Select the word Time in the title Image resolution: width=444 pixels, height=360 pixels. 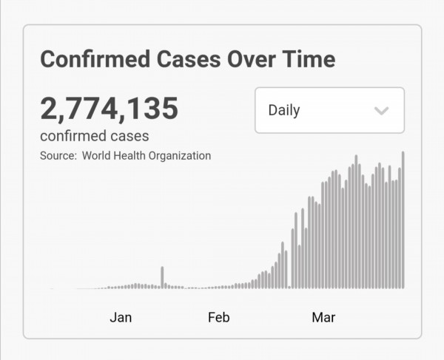click(x=306, y=59)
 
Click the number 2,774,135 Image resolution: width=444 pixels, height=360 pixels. click(x=109, y=109)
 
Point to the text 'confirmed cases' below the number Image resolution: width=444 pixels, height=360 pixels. click(x=94, y=136)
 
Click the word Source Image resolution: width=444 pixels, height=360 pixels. click(x=57, y=155)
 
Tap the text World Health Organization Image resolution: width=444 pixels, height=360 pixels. click(x=147, y=155)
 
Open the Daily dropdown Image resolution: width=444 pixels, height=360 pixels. click(x=329, y=110)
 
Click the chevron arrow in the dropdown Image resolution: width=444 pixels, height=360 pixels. click(x=381, y=111)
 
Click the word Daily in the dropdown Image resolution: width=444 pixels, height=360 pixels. click(x=284, y=110)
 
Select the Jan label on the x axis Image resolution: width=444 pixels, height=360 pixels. click(x=121, y=318)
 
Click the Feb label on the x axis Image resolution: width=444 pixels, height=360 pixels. click(x=218, y=318)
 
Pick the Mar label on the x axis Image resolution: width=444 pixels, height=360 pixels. click(x=323, y=318)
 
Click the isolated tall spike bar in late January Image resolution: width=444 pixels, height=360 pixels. click(x=162, y=277)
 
